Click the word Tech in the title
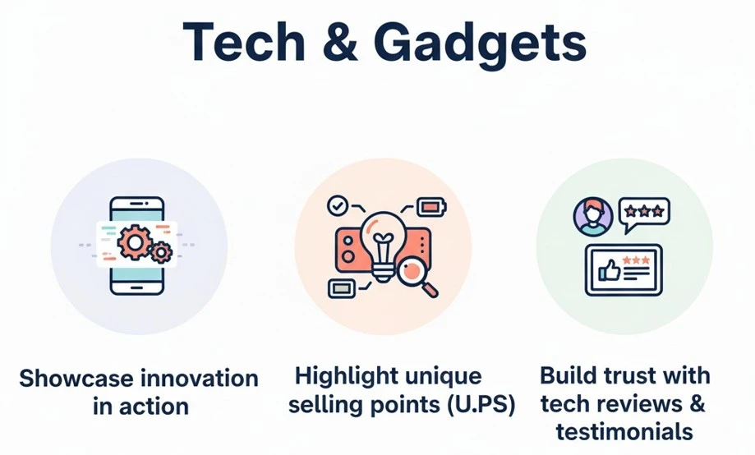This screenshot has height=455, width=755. pyautogui.click(x=244, y=42)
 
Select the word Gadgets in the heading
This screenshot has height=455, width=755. pyautogui.click(x=480, y=45)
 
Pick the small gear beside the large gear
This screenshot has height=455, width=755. pyautogui.click(x=161, y=252)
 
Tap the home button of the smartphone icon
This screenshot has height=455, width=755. pyautogui.click(x=136, y=287)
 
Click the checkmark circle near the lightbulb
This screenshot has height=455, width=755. pyautogui.click(x=338, y=205)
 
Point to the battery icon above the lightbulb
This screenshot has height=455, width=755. pyautogui.click(x=431, y=207)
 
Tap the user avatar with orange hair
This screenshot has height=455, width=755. pyautogui.click(x=593, y=217)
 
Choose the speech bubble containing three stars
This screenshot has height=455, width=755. pyautogui.click(x=644, y=214)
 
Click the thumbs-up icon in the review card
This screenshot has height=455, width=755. pyautogui.click(x=609, y=270)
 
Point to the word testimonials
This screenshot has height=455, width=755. pyautogui.click(x=624, y=431)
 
